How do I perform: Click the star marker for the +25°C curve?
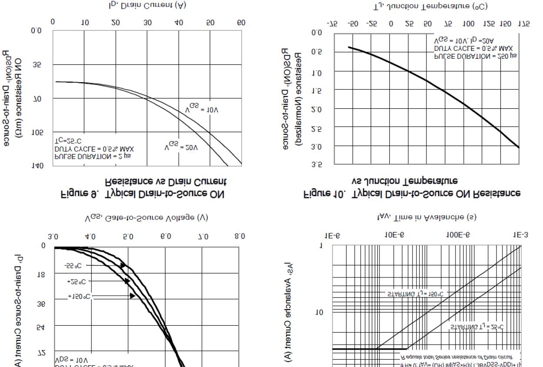pos(127,281)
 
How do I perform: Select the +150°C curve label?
pos(79,297)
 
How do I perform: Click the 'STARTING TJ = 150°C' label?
pos(415,294)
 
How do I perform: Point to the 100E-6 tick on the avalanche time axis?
pos(457,235)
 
